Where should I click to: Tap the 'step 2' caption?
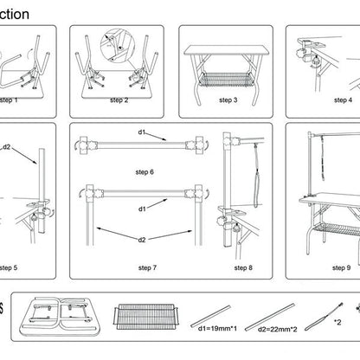119,100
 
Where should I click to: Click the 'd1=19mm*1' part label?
219,329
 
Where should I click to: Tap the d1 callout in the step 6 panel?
142,132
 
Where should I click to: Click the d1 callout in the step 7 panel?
142,209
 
